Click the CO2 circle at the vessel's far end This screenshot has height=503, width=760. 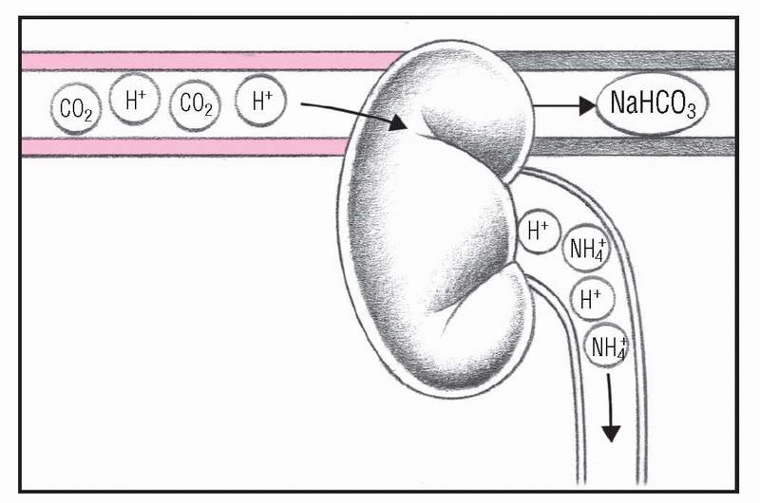point(75,107)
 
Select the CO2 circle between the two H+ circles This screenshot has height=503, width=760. point(195,105)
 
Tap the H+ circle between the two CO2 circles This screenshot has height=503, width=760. point(135,101)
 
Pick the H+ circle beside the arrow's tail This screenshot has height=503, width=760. point(260,101)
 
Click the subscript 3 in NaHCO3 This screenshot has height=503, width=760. point(691,113)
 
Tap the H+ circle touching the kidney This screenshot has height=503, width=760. point(538,233)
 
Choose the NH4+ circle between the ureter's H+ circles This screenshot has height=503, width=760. point(585,251)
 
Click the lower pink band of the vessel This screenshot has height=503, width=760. point(190,147)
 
